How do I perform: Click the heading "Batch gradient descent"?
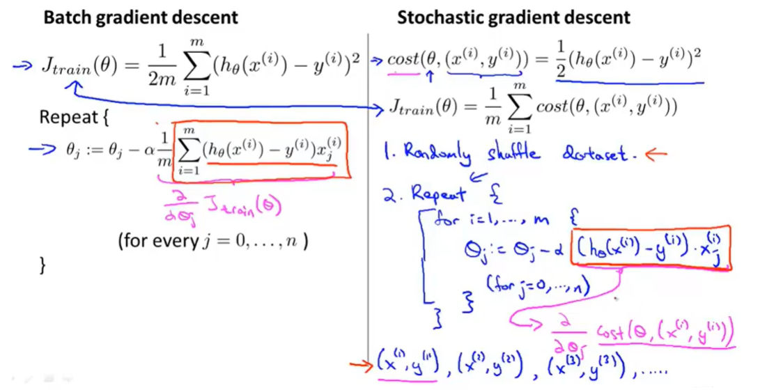tap(141, 17)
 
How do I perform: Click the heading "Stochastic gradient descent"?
tap(513, 17)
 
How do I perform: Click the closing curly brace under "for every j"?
tap(43, 266)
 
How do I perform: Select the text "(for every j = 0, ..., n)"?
tap(213, 242)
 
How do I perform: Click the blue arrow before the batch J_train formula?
tap(24, 65)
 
